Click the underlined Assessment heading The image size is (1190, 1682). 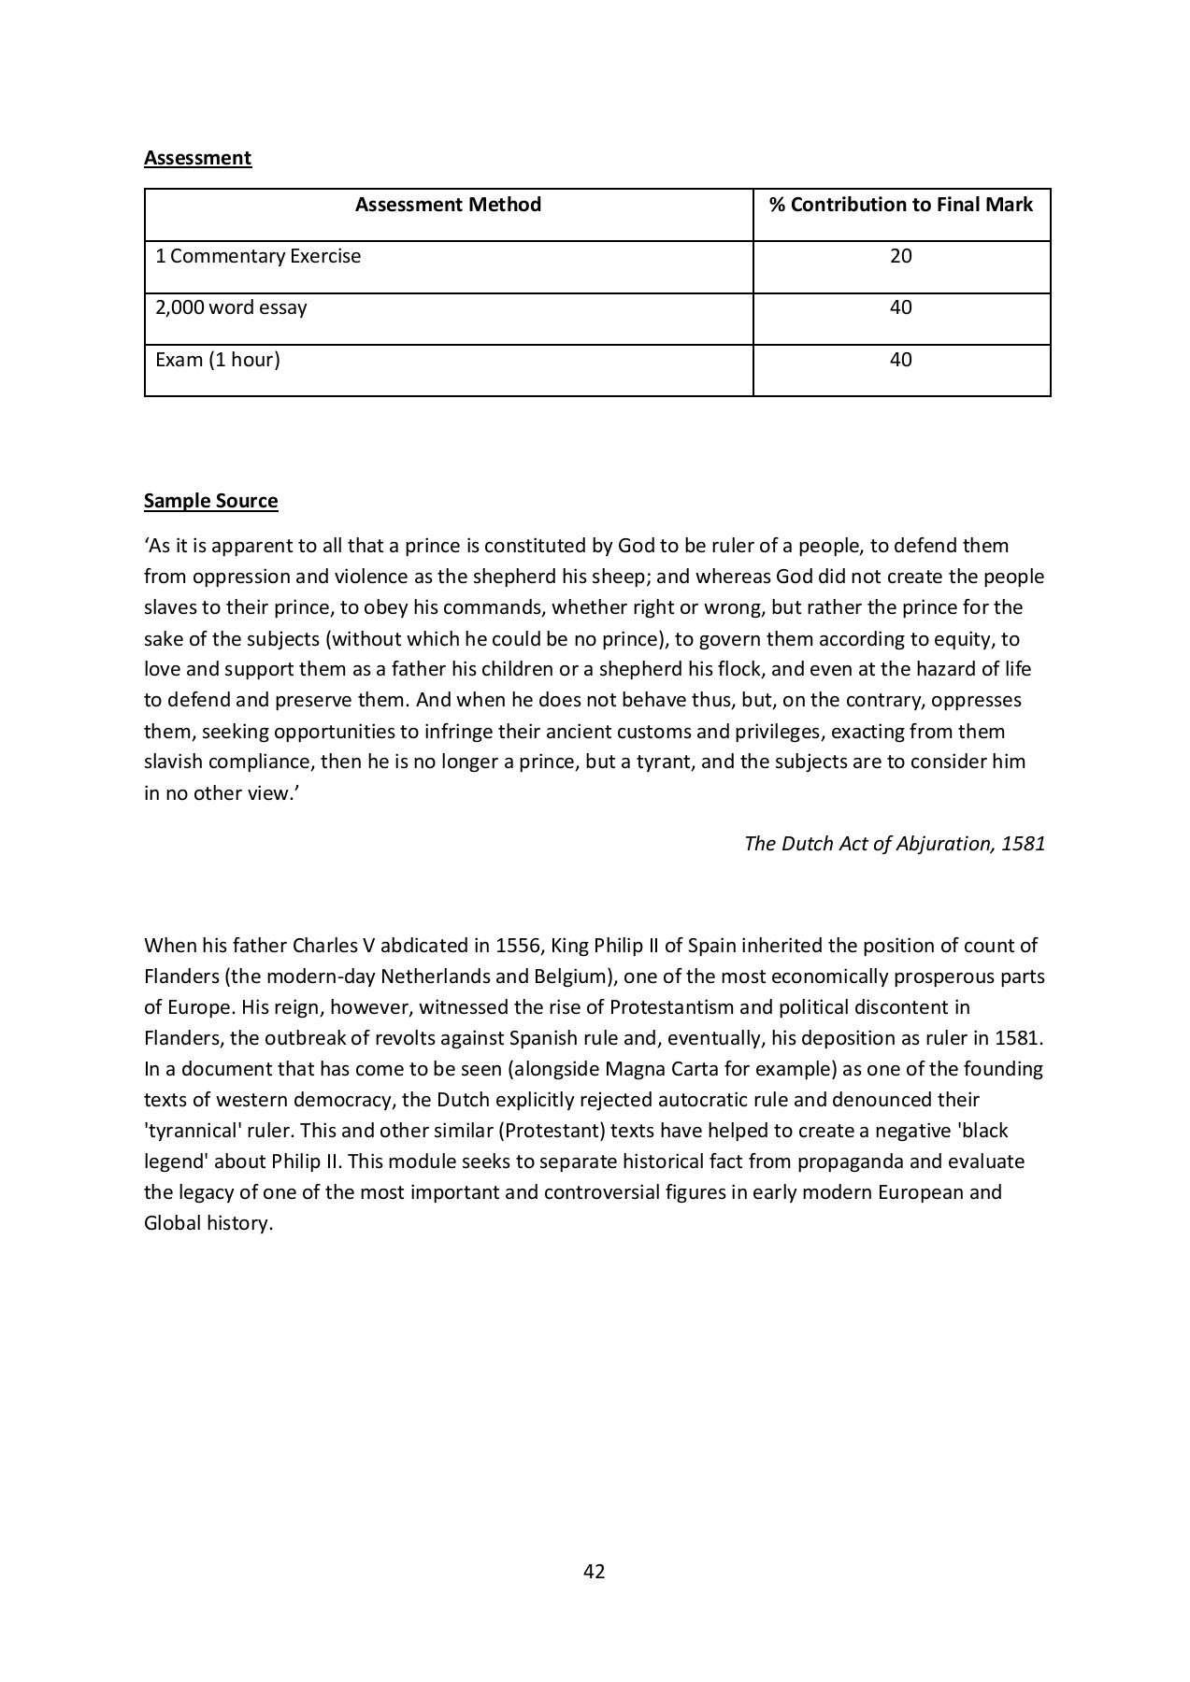click(x=197, y=157)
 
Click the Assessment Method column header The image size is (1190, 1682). click(x=448, y=205)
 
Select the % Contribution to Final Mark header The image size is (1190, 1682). click(x=900, y=205)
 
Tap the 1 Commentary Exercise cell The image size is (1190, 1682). click(x=258, y=256)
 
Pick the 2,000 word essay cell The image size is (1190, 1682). click(x=231, y=307)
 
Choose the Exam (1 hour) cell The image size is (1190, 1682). click(x=218, y=360)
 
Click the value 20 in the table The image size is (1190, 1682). click(x=900, y=256)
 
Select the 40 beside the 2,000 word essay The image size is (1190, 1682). click(x=900, y=307)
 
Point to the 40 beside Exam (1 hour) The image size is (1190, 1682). click(x=900, y=360)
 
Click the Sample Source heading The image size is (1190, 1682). click(x=210, y=501)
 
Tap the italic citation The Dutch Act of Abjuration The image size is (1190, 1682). click(x=895, y=844)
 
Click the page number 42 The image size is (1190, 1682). click(x=594, y=1572)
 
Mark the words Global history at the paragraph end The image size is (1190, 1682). click(x=208, y=1223)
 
